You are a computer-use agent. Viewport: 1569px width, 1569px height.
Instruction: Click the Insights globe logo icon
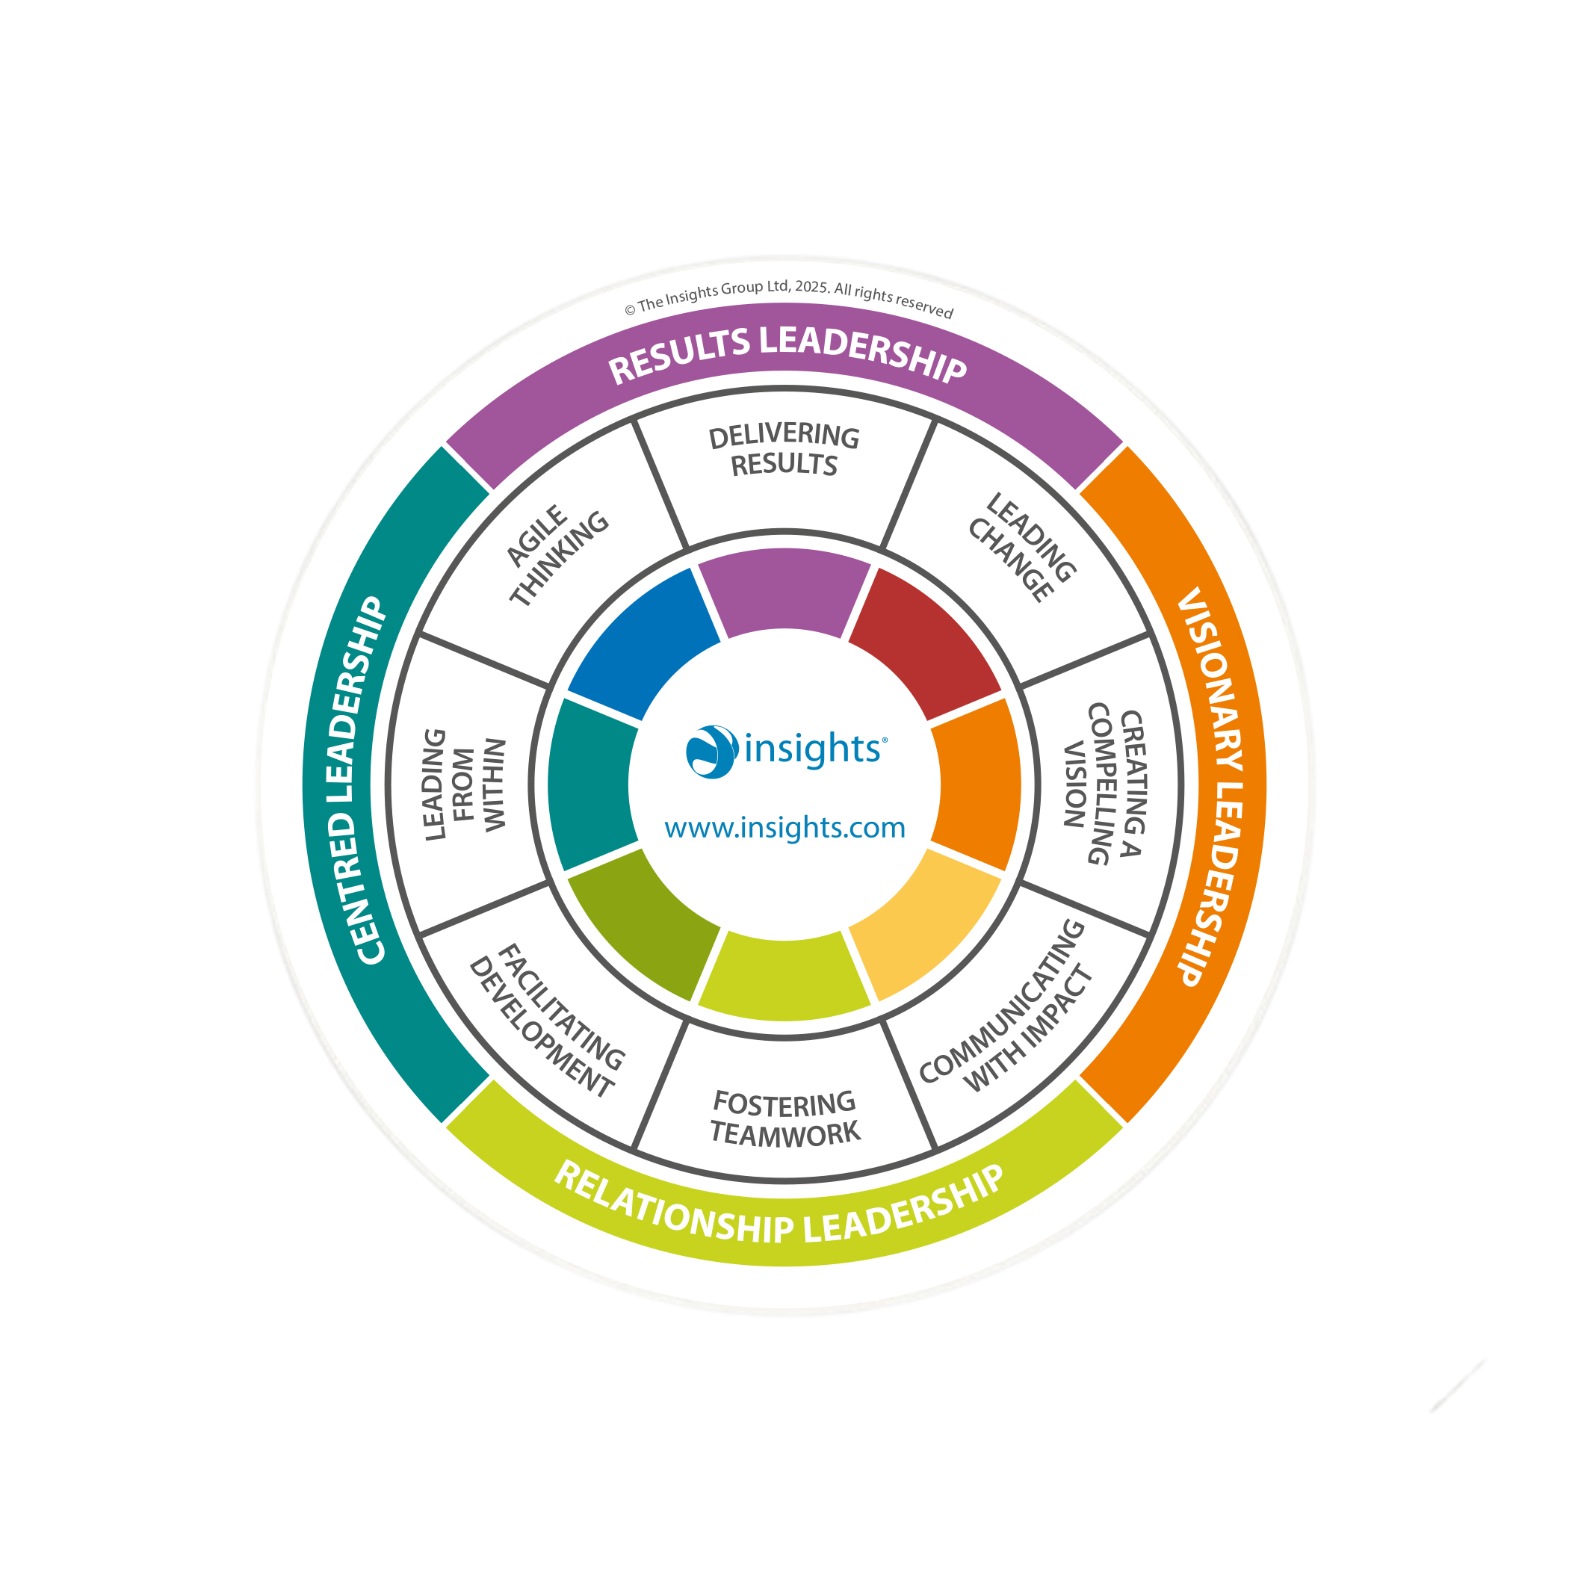click(x=711, y=751)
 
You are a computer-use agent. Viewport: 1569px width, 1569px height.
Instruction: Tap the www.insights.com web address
click(x=784, y=828)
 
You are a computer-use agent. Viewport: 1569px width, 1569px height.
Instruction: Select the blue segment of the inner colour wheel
click(x=641, y=641)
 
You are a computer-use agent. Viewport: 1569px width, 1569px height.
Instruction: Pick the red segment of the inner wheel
click(x=926, y=641)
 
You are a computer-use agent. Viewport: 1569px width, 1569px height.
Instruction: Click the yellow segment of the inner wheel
click(x=926, y=926)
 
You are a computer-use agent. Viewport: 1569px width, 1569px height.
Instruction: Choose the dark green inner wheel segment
click(x=641, y=926)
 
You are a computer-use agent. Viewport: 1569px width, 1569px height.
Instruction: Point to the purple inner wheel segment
click(x=784, y=590)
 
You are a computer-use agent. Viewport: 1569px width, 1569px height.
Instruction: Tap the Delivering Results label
click(x=784, y=451)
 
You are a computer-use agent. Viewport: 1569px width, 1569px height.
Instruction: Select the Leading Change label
click(x=1021, y=548)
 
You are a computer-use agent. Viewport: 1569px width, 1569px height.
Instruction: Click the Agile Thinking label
click(x=557, y=557)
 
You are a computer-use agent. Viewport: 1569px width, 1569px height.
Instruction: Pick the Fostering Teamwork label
click(x=784, y=1119)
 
